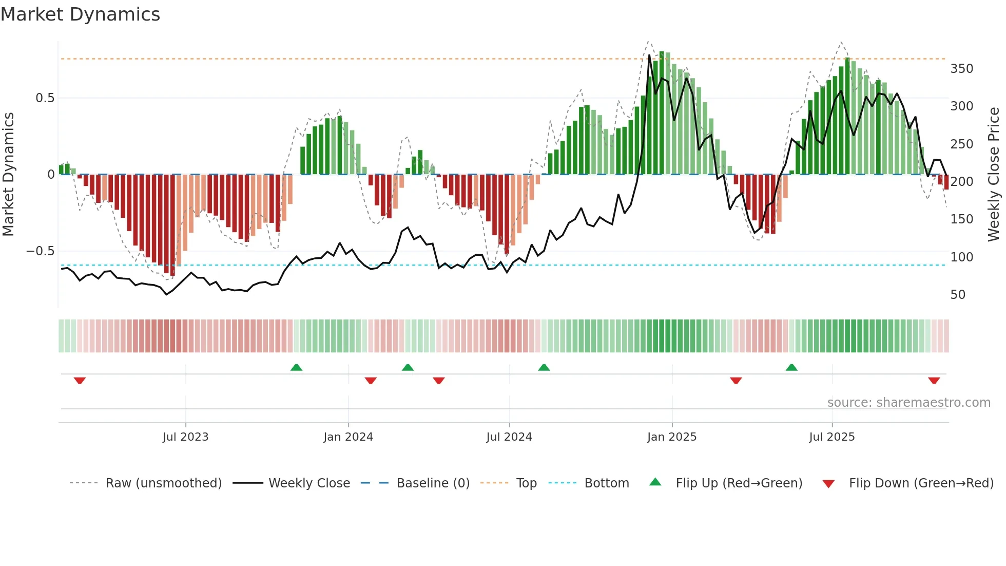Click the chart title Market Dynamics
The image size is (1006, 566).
[x=80, y=14]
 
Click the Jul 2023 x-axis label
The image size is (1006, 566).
[x=185, y=437]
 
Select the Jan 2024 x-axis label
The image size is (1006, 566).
[x=348, y=437]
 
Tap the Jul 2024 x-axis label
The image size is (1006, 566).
[x=509, y=437]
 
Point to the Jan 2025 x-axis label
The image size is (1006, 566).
[x=671, y=437]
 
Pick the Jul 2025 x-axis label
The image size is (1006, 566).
[x=831, y=437]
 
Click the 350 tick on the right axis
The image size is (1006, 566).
[x=961, y=69]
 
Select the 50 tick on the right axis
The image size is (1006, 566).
[x=958, y=295]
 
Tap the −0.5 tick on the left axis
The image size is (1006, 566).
[x=40, y=251]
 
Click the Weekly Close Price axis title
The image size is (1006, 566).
[x=994, y=175]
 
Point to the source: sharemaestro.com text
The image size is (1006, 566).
[x=908, y=403]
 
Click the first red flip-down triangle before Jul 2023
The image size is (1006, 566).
[x=80, y=381]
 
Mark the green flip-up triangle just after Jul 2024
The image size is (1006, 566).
[x=544, y=367]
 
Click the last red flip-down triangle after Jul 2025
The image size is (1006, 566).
[x=934, y=381]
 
